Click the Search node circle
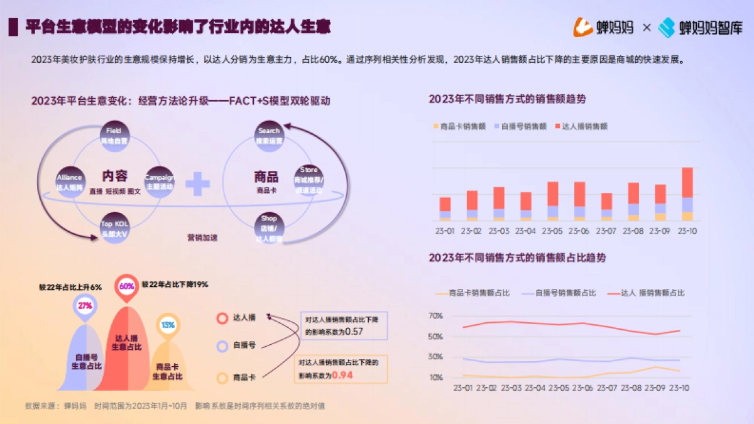tap(269, 136)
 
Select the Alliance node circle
tap(69, 182)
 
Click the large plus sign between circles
tap(197, 184)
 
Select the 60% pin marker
tap(126, 286)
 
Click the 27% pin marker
tap(85, 306)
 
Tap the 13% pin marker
tap(168, 325)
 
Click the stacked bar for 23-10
tap(687, 194)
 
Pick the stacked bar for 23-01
tap(445, 209)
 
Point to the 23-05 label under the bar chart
tap(552, 231)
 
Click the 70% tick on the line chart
tap(435, 316)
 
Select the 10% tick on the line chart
tap(435, 378)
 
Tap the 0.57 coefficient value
tap(354, 332)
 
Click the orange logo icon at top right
tap(582, 27)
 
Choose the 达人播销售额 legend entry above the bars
tap(581, 126)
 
